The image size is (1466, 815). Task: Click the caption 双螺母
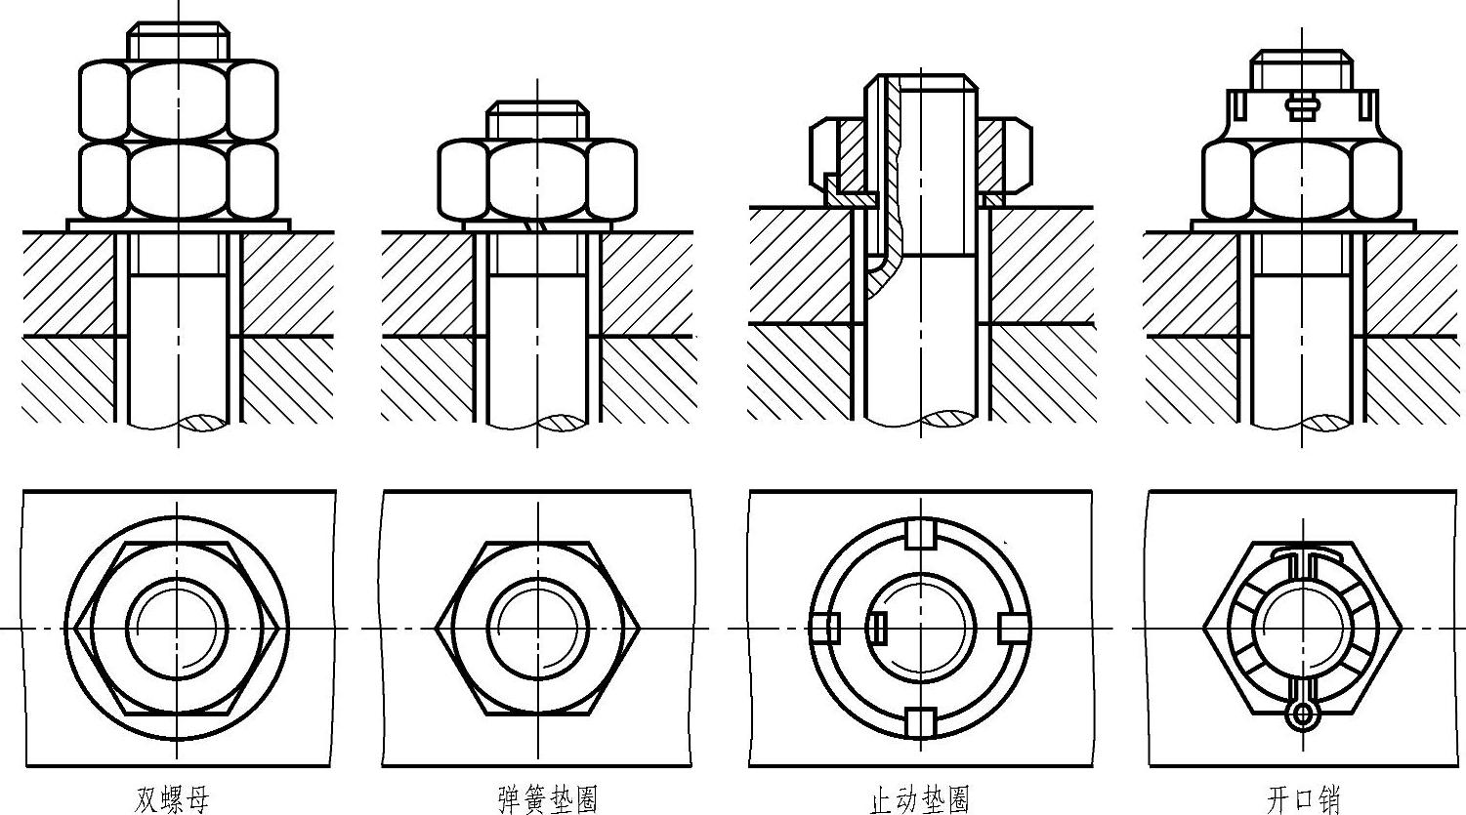(x=172, y=799)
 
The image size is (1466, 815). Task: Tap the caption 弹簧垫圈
(x=548, y=799)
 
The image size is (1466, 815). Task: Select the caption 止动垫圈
(x=919, y=799)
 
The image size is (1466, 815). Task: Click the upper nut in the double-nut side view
(x=179, y=101)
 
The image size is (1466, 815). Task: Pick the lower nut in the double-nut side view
(x=179, y=181)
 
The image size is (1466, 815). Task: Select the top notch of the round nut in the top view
(x=920, y=534)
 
